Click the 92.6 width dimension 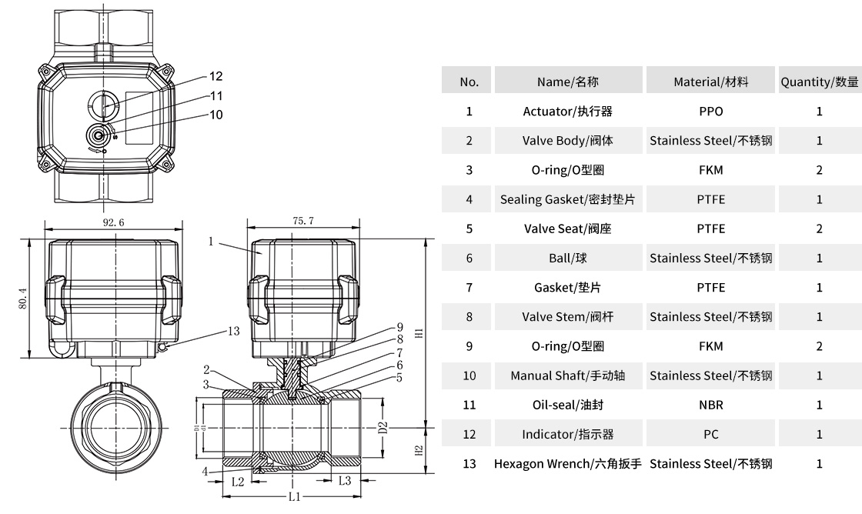click(x=112, y=222)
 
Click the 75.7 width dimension click(x=303, y=221)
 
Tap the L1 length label click(x=294, y=497)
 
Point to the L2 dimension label click(x=238, y=482)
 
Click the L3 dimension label click(x=345, y=482)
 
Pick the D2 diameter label click(x=383, y=428)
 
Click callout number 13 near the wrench click(x=234, y=332)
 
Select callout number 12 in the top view click(x=215, y=76)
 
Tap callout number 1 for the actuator click(x=210, y=242)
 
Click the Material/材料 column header click(x=710, y=82)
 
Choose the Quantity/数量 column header click(x=819, y=82)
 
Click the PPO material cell click(x=710, y=112)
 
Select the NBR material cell click(x=710, y=405)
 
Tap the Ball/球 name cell click(x=568, y=259)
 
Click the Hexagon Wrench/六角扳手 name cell click(x=568, y=464)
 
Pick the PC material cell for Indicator click(x=710, y=435)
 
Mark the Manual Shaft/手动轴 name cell click(x=568, y=375)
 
